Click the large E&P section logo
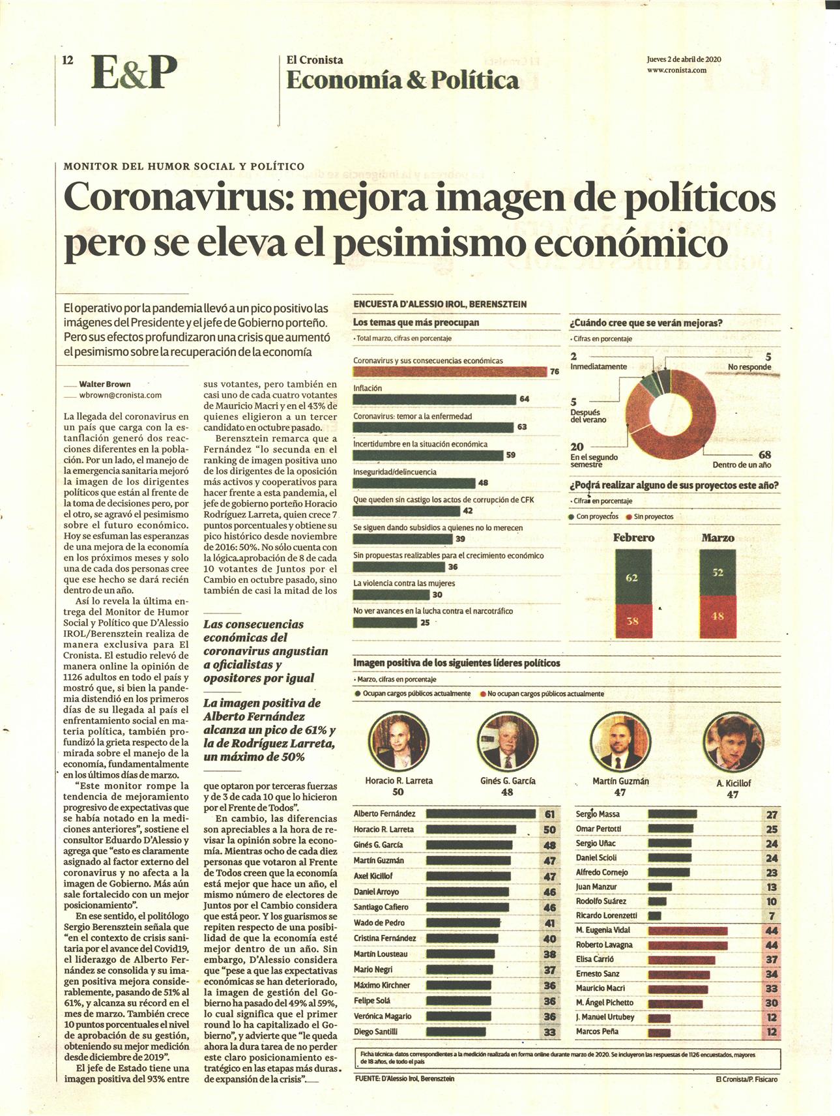point(134,72)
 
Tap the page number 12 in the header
point(68,60)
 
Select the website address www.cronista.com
point(676,70)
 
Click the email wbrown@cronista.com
point(121,395)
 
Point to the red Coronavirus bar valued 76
point(450,372)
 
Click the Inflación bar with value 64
point(435,399)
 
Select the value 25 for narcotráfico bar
point(425,623)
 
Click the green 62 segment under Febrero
point(633,577)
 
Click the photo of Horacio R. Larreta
point(398,741)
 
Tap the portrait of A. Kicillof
point(733,742)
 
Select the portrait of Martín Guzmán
point(620,741)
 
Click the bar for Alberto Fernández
point(480,814)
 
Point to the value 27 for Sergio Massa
point(772,815)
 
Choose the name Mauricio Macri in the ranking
point(600,988)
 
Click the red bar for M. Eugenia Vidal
point(688,931)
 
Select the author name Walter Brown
point(104,384)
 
